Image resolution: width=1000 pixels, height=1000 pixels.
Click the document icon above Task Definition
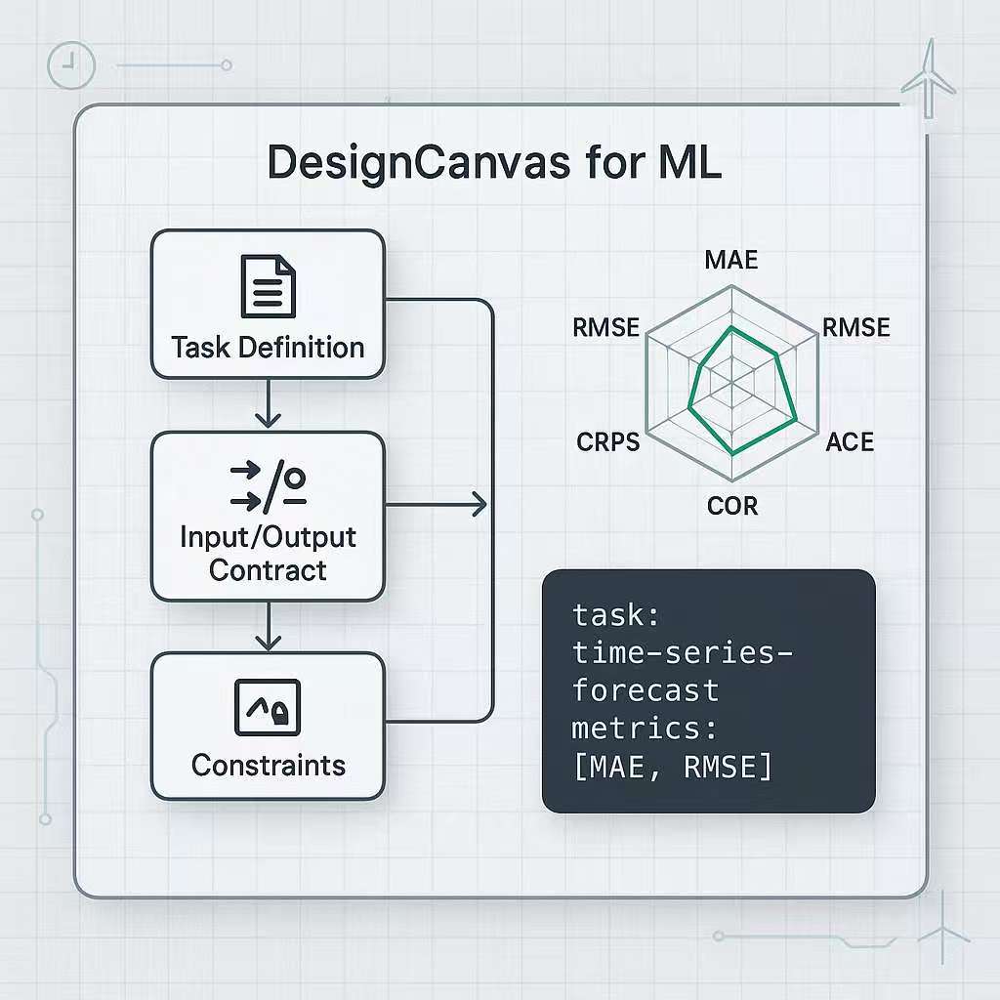point(268,287)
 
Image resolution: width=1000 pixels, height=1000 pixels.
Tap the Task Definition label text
point(268,347)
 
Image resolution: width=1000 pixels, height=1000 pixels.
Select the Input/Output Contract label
point(268,554)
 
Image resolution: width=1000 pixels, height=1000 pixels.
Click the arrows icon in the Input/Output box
point(268,487)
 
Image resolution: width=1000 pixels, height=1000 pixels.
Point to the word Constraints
point(269,765)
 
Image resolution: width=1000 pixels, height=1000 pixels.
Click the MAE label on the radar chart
point(731,260)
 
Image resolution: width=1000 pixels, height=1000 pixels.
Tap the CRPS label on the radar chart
point(607,441)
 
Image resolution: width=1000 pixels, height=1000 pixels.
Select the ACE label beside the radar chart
point(849,441)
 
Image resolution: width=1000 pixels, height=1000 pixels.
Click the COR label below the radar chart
point(731,505)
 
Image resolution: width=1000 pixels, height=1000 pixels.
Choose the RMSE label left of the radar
point(606,328)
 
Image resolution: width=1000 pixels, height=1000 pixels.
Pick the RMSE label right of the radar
point(856,328)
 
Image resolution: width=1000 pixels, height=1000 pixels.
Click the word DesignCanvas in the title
point(418,163)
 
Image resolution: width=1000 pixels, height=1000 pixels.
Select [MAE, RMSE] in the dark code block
point(672,767)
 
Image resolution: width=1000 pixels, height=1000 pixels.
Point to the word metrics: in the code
point(645,729)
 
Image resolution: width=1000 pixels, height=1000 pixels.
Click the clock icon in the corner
point(70,65)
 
